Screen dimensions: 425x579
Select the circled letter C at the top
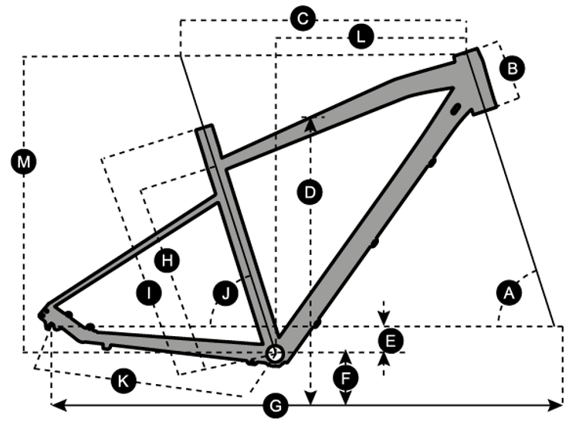coord(303,19)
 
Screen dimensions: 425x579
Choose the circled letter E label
coord(391,339)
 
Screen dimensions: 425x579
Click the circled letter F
coord(347,378)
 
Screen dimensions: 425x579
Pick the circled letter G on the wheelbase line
coord(276,404)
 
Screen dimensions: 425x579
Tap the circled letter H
coord(166,260)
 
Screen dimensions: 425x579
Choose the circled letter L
coord(360,36)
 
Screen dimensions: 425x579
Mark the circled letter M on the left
coord(25,161)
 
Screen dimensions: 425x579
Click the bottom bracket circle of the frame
coord(274,353)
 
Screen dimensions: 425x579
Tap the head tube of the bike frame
coord(476,79)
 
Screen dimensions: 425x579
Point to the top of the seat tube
coord(205,130)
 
